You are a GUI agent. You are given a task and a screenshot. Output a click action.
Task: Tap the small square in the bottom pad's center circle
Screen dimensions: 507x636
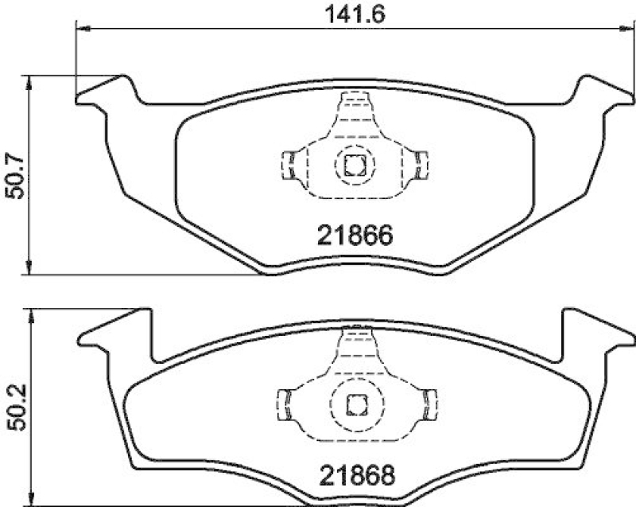[355, 403]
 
